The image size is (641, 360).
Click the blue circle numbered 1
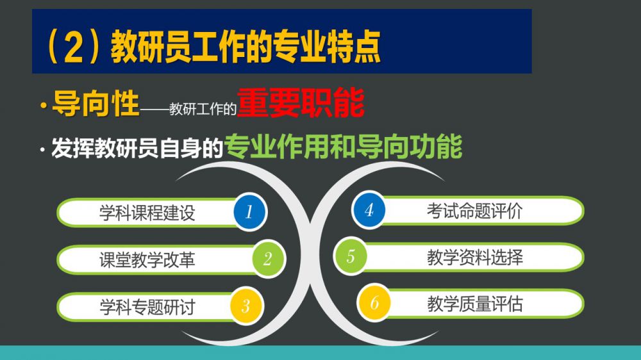point(249,211)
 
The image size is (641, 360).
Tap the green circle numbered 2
point(267,259)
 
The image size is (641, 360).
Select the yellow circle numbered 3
point(246,306)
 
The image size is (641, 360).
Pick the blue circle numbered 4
point(369,210)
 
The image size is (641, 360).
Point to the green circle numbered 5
point(351,256)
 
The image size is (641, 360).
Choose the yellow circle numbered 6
point(374,303)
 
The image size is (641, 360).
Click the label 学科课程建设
point(147,213)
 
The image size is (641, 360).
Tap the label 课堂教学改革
point(147,260)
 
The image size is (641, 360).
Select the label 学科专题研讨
point(147,307)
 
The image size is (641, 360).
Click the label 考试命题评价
point(474,211)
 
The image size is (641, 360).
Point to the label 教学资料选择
point(474,258)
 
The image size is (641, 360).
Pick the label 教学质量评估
point(474,304)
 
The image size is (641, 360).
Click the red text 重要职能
point(301,102)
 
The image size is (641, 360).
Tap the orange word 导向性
point(96,104)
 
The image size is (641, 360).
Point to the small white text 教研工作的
point(203,109)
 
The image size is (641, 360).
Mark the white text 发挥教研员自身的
point(137,147)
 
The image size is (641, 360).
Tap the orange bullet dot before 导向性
point(44,106)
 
